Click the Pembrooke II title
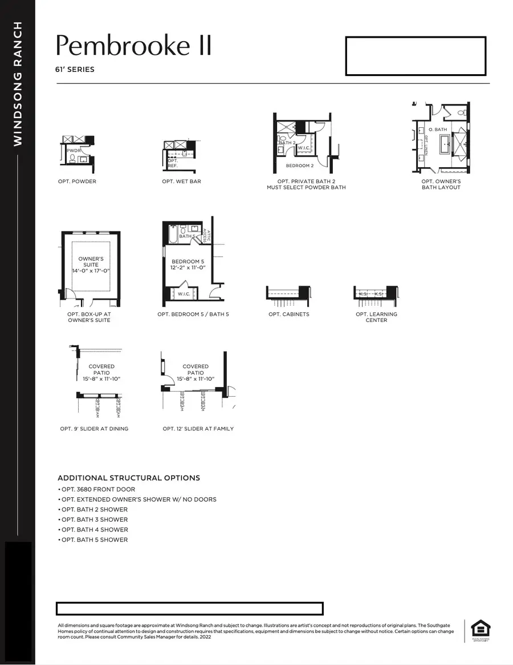tap(133, 46)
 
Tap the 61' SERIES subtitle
tap(75, 70)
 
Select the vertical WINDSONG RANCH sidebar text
tap(18, 83)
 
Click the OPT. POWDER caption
tap(78, 182)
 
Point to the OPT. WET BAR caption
tap(181, 182)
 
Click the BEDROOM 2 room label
tap(300, 166)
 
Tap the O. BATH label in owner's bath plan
tap(438, 130)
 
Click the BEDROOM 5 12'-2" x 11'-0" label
tap(188, 264)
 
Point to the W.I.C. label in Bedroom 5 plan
tap(184, 294)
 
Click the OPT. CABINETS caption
tap(289, 315)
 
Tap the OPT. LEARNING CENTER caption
tap(376, 317)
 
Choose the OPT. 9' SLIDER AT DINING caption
tap(94, 429)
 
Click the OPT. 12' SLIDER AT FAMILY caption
tap(198, 429)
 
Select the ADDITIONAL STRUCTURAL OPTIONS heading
tap(129, 478)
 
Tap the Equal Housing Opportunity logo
tap(480, 630)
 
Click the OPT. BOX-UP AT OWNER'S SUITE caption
tap(88, 317)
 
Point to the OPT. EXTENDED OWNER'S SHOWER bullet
tap(137, 499)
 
